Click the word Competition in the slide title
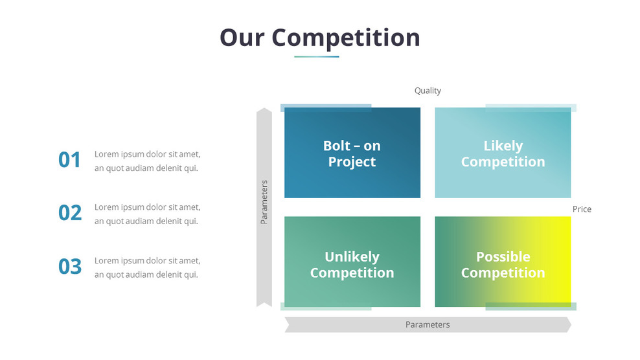pos(345,38)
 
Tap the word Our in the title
pos(242,37)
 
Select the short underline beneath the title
pos(316,57)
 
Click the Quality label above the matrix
pos(428,91)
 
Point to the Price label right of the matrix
pos(582,209)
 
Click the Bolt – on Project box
pos(352,153)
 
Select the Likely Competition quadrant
pos(503,153)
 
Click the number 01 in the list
pos(70,160)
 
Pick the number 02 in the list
pos(70,213)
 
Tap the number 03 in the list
pos(70,266)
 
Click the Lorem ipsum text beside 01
pos(147,161)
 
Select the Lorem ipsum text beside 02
pos(147,214)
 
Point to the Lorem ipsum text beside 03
pos(147,267)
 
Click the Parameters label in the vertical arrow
pos(264,202)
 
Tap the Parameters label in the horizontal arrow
pos(428,324)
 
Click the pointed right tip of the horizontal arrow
pos(569,324)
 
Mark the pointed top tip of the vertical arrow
pos(264,109)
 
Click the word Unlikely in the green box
pos(352,256)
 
